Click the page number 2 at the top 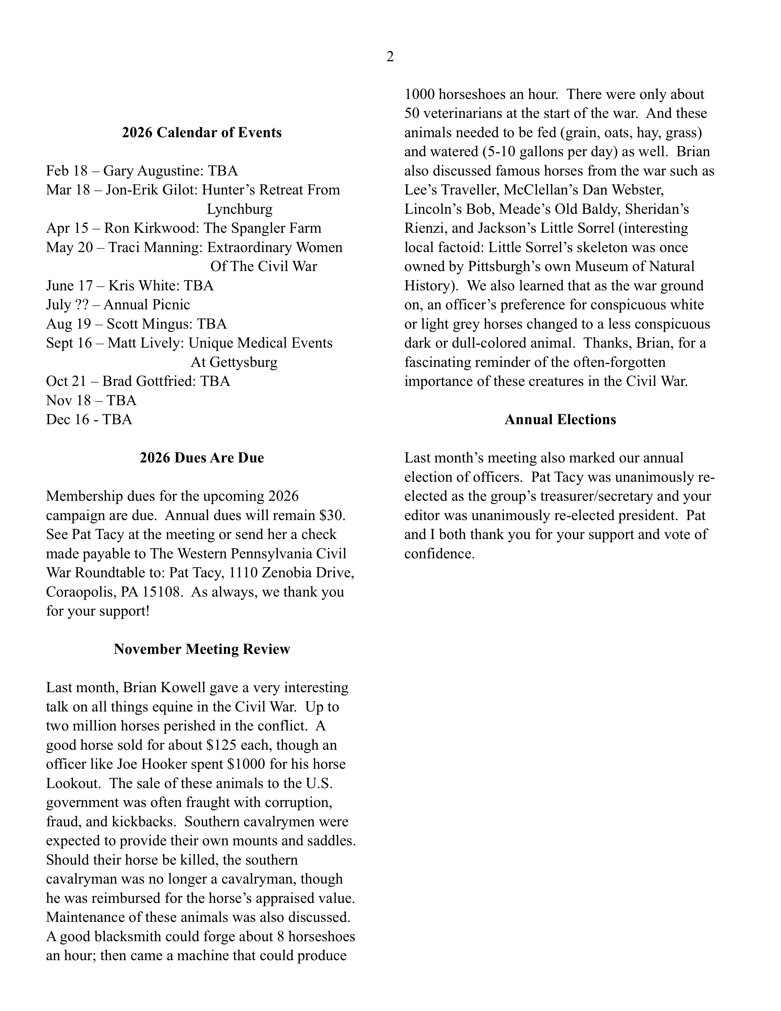pos(390,57)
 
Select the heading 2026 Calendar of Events pos(202,133)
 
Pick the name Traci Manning pos(155,248)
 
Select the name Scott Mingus pos(149,324)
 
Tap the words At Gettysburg pos(234,362)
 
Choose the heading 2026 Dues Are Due pos(202,458)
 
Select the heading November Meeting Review pos(202,650)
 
